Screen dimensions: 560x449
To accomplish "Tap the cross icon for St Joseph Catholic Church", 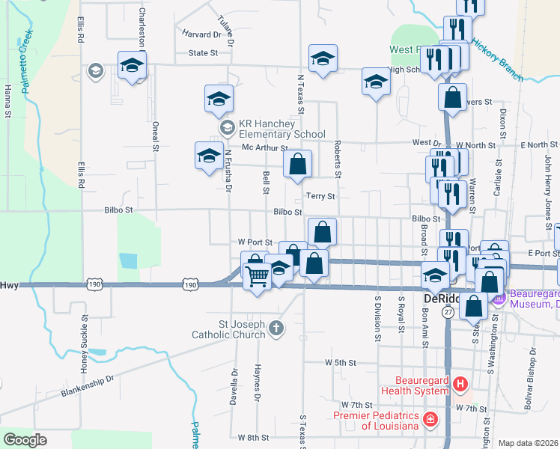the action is point(276,328).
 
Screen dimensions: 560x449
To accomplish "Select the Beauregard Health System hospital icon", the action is point(460,385).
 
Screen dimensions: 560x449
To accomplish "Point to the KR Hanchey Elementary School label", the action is point(281,129).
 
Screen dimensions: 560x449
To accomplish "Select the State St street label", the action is point(203,53).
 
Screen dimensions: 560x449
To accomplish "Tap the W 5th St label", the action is point(340,362).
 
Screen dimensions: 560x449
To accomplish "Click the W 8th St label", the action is point(252,437).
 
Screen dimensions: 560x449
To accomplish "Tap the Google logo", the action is point(25,439).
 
